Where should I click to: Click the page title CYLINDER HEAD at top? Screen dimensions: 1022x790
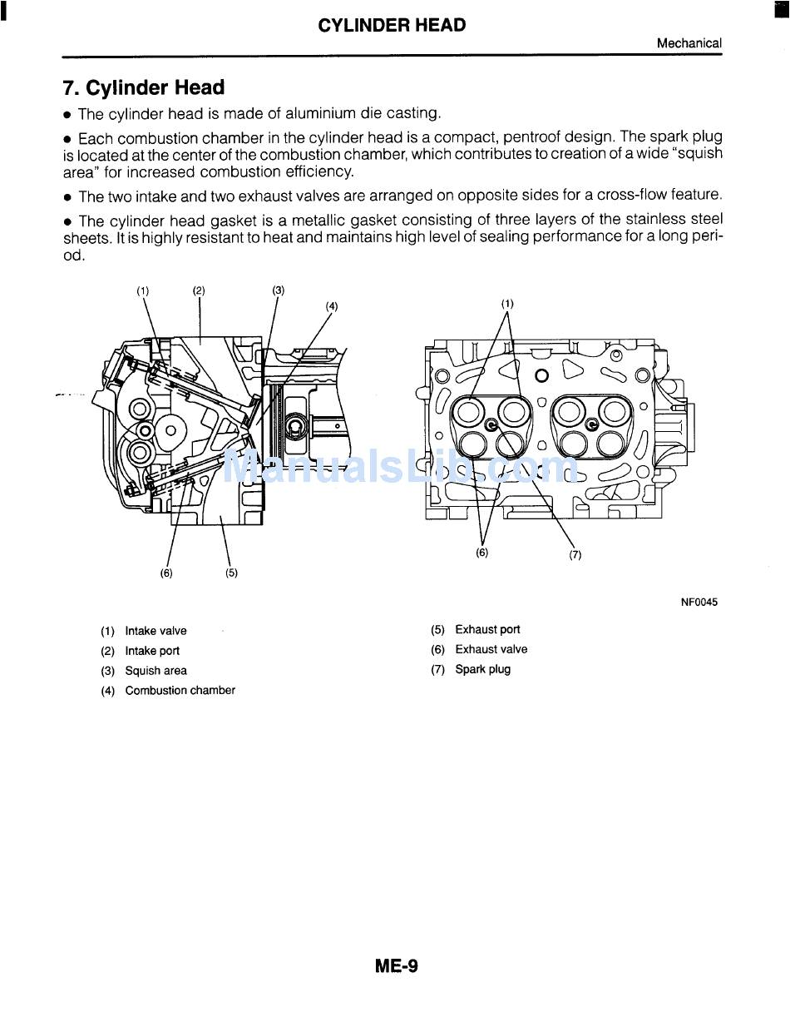click(392, 25)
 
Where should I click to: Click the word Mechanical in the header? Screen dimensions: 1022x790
click(689, 43)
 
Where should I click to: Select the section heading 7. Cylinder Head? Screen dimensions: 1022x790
click(144, 88)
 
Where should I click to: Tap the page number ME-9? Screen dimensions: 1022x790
click(396, 966)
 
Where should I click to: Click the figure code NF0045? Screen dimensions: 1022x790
click(699, 603)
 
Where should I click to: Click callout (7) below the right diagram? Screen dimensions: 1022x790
click(575, 555)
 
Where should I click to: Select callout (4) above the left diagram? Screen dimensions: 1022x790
click(332, 306)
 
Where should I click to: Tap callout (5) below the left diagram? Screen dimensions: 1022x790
click(231, 573)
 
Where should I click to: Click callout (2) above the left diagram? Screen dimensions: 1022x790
click(199, 290)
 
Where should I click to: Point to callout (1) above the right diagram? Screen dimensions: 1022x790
click(507, 304)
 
